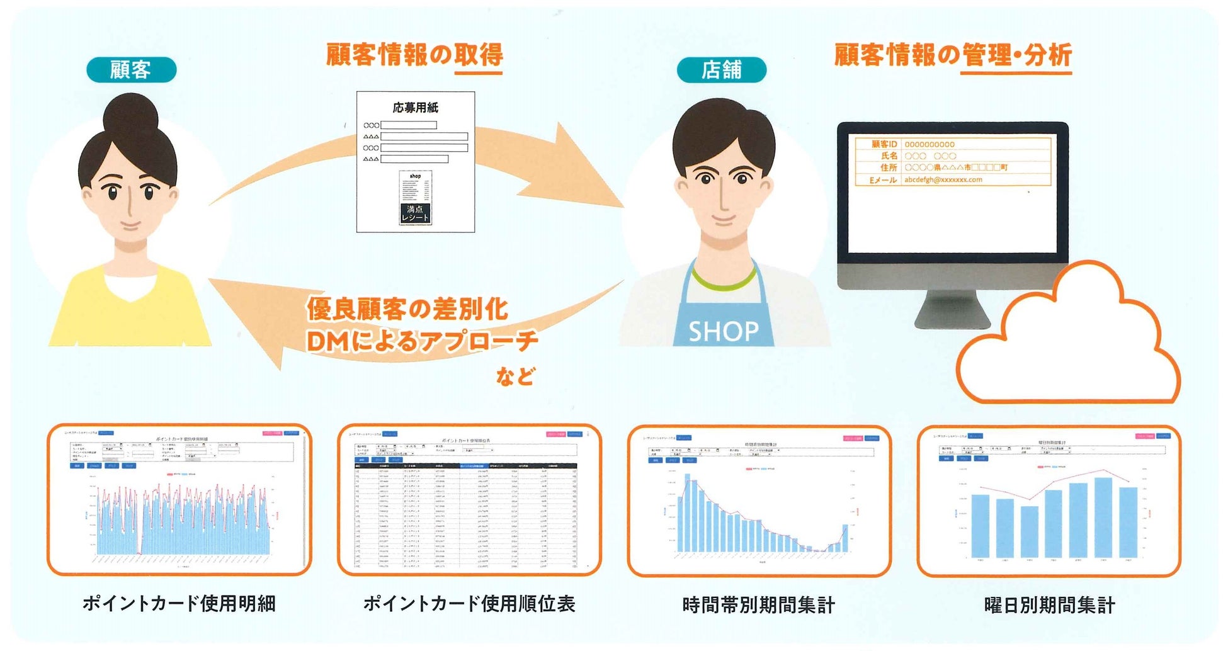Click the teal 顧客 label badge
point(131,69)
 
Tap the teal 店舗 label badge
point(721,69)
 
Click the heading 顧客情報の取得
point(414,55)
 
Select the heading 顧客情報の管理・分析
point(952,55)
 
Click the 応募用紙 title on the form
point(415,108)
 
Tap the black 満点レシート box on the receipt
point(415,213)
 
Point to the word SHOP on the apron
point(724,331)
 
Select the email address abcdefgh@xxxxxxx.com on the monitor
point(943,179)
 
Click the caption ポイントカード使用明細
point(179,604)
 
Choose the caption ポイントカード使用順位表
point(469,604)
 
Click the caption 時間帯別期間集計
point(759,605)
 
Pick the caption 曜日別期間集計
point(1049,605)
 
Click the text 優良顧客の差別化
point(407,309)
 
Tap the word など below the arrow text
point(515,376)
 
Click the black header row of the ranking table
point(466,466)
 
